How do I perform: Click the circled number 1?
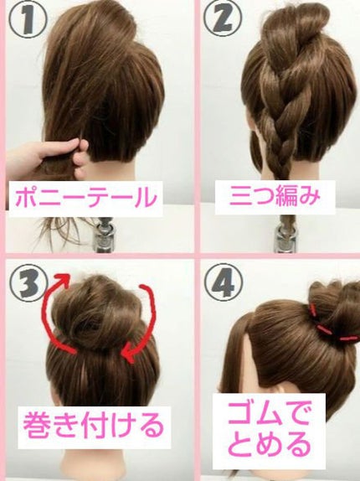tap(28, 18)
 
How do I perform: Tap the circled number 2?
tap(223, 18)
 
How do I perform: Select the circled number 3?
tap(28, 282)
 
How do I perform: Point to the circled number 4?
tap(224, 282)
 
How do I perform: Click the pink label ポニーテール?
tap(86, 198)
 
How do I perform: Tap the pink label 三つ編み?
tap(275, 196)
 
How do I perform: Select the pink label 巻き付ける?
tap(94, 425)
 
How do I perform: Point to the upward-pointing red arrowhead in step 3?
tap(62, 281)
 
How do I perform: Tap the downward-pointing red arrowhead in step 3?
tap(129, 355)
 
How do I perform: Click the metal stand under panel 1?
tap(104, 234)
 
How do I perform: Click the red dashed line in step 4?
tap(331, 328)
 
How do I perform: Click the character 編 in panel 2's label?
tap(287, 196)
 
